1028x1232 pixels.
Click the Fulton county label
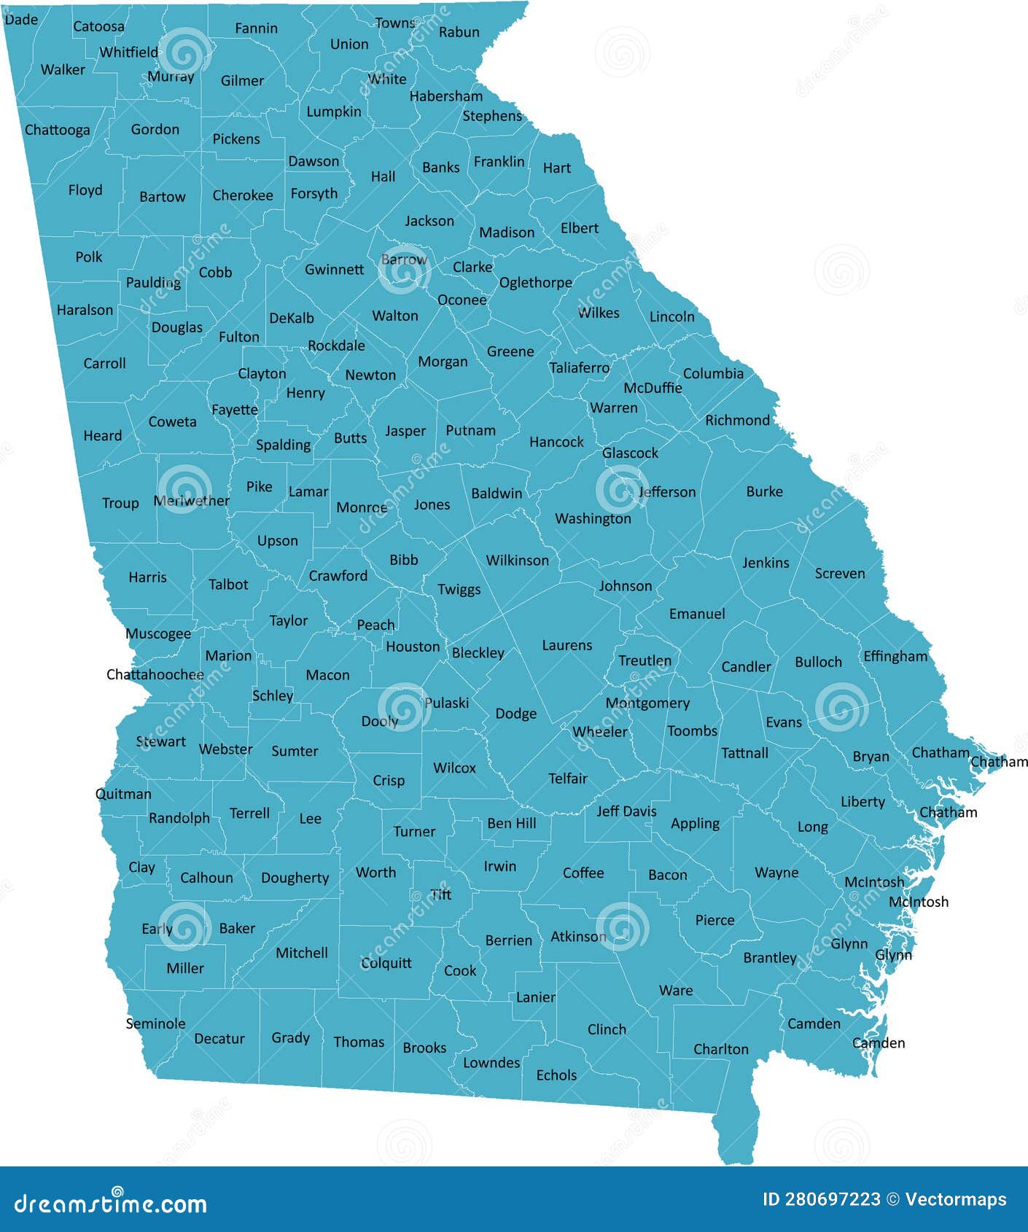[x=239, y=337]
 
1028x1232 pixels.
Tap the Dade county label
[x=21, y=20]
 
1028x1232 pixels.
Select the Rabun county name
[x=459, y=32]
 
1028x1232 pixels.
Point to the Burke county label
[x=764, y=491]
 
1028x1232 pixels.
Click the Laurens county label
[x=567, y=645]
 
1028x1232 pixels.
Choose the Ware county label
[x=676, y=990]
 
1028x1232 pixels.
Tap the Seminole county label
[x=155, y=1024]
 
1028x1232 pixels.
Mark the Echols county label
[x=556, y=1075]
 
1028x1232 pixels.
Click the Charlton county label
[x=721, y=1049]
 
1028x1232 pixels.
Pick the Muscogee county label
[x=158, y=633]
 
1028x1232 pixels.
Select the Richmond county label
[x=737, y=420]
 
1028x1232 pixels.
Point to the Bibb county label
[x=404, y=560]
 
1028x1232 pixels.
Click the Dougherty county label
[x=295, y=878]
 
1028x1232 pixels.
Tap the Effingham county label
[x=895, y=656]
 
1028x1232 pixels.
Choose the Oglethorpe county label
[x=536, y=283]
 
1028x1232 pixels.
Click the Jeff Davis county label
[x=626, y=811]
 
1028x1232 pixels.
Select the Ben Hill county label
[x=512, y=823]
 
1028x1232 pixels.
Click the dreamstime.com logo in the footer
[x=111, y=1204]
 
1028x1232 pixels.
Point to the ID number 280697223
[x=822, y=1199]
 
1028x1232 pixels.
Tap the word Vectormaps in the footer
[x=956, y=1199]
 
